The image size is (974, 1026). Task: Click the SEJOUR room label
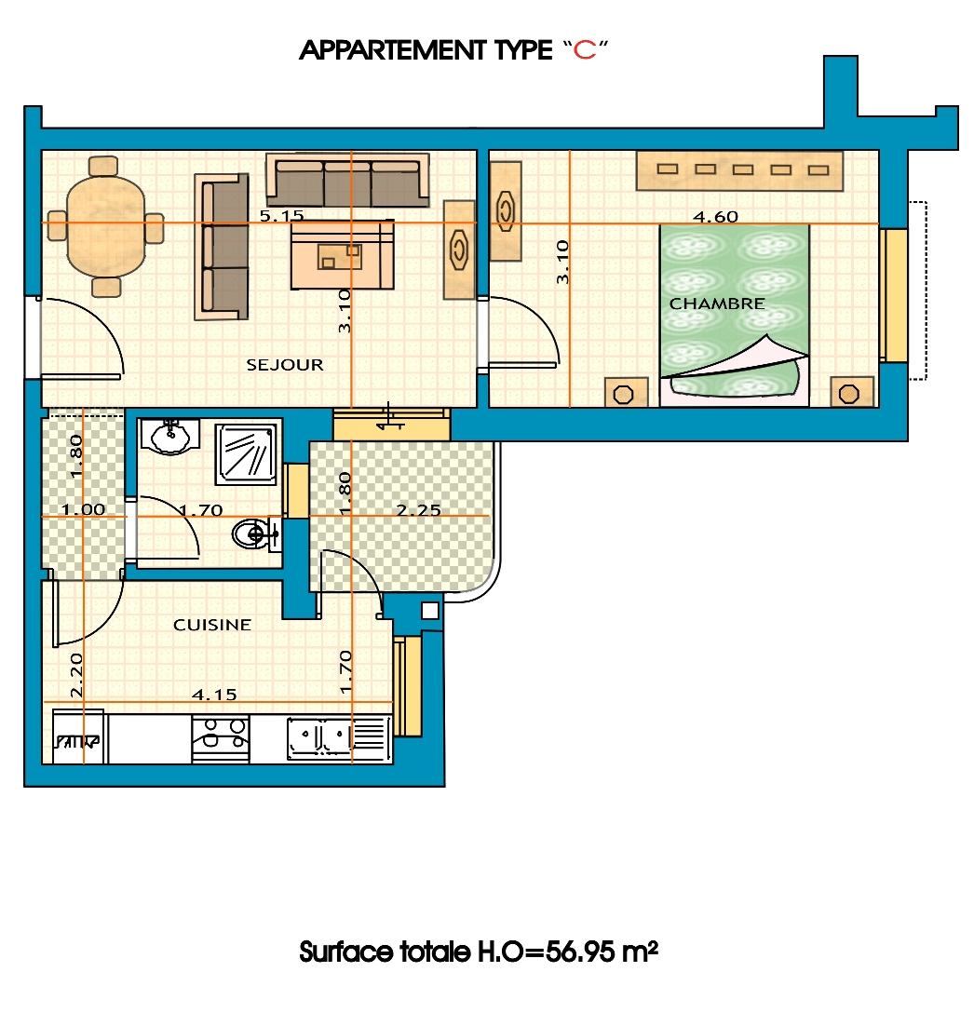coord(285,364)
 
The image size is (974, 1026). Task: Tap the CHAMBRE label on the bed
coord(717,304)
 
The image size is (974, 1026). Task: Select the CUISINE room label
coord(212,625)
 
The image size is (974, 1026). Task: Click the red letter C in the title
coord(585,50)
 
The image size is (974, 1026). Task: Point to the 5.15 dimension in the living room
coord(281,215)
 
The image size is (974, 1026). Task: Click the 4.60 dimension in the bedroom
coord(715,216)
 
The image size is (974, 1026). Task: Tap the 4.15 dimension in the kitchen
coord(214,695)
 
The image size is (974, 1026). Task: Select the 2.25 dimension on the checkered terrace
coord(419,509)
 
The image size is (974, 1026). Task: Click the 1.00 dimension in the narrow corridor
coord(83,509)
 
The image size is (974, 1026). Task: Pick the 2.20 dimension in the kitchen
coord(76,675)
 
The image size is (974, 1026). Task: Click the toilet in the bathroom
coord(256,534)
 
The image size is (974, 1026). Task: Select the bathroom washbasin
coord(169,437)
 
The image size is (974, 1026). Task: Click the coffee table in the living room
coord(343,254)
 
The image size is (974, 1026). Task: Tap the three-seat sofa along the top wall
coord(347,181)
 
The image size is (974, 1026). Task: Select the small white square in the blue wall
coord(430,611)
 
